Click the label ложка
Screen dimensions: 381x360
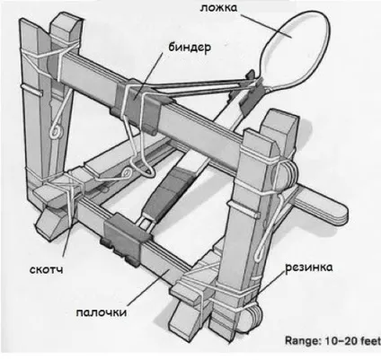pyautogui.click(x=218, y=8)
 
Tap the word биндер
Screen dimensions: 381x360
pyautogui.click(x=190, y=48)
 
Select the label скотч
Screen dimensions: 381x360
pyautogui.click(x=47, y=269)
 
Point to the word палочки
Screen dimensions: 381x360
pyautogui.click(x=102, y=312)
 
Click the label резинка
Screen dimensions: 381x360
pyautogui.click(x=309, y=268)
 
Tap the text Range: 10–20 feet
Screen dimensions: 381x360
pyautogui.click(x=332, y=340)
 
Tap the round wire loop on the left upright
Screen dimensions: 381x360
pyautogui.click(x=56, y=132)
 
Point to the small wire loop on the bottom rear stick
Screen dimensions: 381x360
pyautogui.click(x=128, y=172)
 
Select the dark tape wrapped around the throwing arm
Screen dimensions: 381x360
pyautogui.click(x=168, y=192)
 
